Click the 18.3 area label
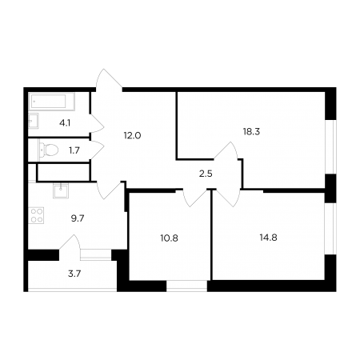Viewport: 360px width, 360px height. point(251,132)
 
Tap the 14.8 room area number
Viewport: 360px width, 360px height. point(268,238)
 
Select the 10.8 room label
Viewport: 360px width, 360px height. point(169,238)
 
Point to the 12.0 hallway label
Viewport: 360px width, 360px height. point(132,136)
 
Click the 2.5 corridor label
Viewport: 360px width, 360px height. point(206,174)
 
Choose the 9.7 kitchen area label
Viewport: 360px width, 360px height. point(78,218)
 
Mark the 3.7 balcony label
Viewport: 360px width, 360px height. point(74,274)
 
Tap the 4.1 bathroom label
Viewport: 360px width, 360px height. point(65,123)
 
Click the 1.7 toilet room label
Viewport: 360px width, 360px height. point(74,150)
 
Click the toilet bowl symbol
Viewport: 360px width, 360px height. point(49,150)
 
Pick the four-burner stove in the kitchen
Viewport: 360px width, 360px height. point(37,215)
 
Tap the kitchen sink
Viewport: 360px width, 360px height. point(61,190)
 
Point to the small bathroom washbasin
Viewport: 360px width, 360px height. point(34,121)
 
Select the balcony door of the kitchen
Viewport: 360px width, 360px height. point(70,243)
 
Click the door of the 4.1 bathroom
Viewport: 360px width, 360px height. point(97,123)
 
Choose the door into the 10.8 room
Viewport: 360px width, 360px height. point(194,198)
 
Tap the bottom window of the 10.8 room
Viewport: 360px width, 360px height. point(186,286)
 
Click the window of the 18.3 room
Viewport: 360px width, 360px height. point(330,147)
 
